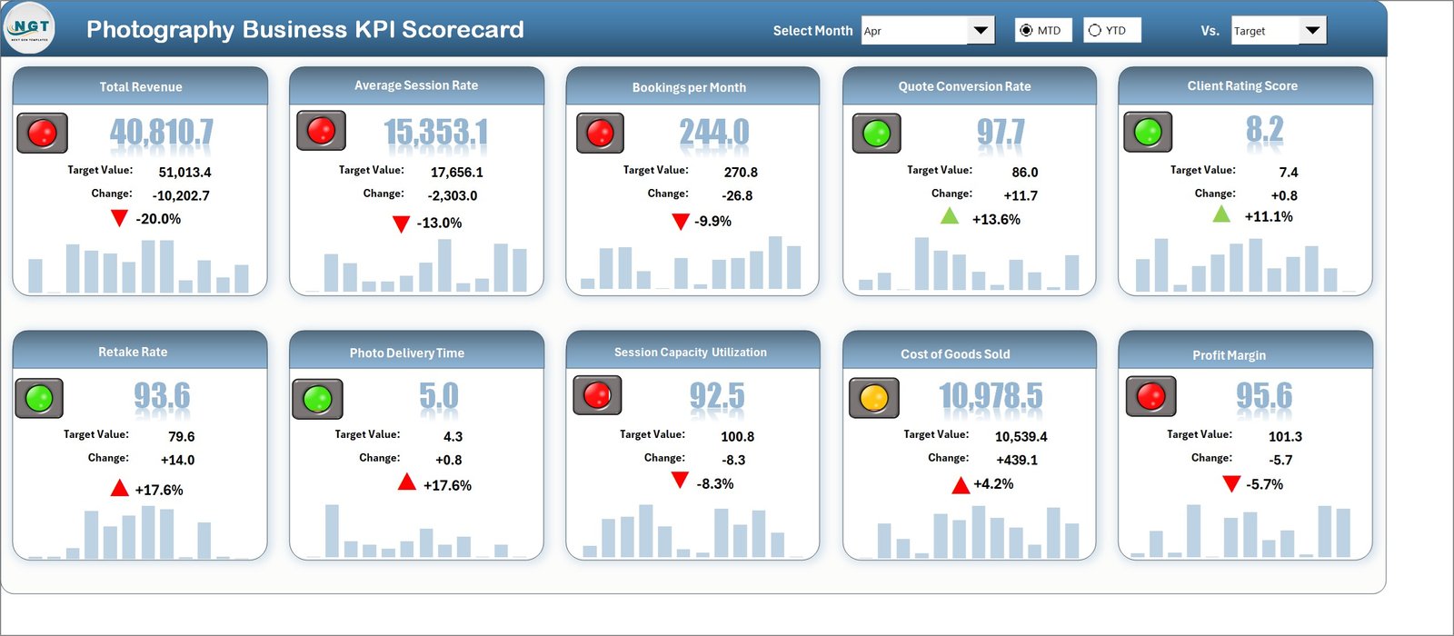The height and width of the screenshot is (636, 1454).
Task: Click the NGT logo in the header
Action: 30,28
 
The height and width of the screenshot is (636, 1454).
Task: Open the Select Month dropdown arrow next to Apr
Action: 981,31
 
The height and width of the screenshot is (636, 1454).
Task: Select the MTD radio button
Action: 1027,31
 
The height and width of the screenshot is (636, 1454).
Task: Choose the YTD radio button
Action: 1095,31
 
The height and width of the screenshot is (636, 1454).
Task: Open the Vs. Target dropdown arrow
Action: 1312,31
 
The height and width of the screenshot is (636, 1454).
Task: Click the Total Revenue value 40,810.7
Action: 162,133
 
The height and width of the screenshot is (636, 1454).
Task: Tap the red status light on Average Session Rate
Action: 321,131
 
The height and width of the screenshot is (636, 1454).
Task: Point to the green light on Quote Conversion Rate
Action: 876,133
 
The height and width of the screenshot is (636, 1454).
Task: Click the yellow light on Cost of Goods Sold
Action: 873,397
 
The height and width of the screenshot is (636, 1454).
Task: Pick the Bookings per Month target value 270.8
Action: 741,172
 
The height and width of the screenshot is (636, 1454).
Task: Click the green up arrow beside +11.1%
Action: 1221,214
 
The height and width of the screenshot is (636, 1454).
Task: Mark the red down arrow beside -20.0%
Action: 119,218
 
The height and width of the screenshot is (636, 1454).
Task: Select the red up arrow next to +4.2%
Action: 960,485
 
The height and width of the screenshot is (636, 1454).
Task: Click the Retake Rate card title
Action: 133,352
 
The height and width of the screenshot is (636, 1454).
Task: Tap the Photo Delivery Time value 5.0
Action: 439,397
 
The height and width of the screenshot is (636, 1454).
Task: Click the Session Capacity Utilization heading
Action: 690,353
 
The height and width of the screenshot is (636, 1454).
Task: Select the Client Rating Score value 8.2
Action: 1264,131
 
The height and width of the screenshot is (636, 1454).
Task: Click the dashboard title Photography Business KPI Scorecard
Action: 304,29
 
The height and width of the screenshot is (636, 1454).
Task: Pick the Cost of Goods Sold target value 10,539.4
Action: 1021,437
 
